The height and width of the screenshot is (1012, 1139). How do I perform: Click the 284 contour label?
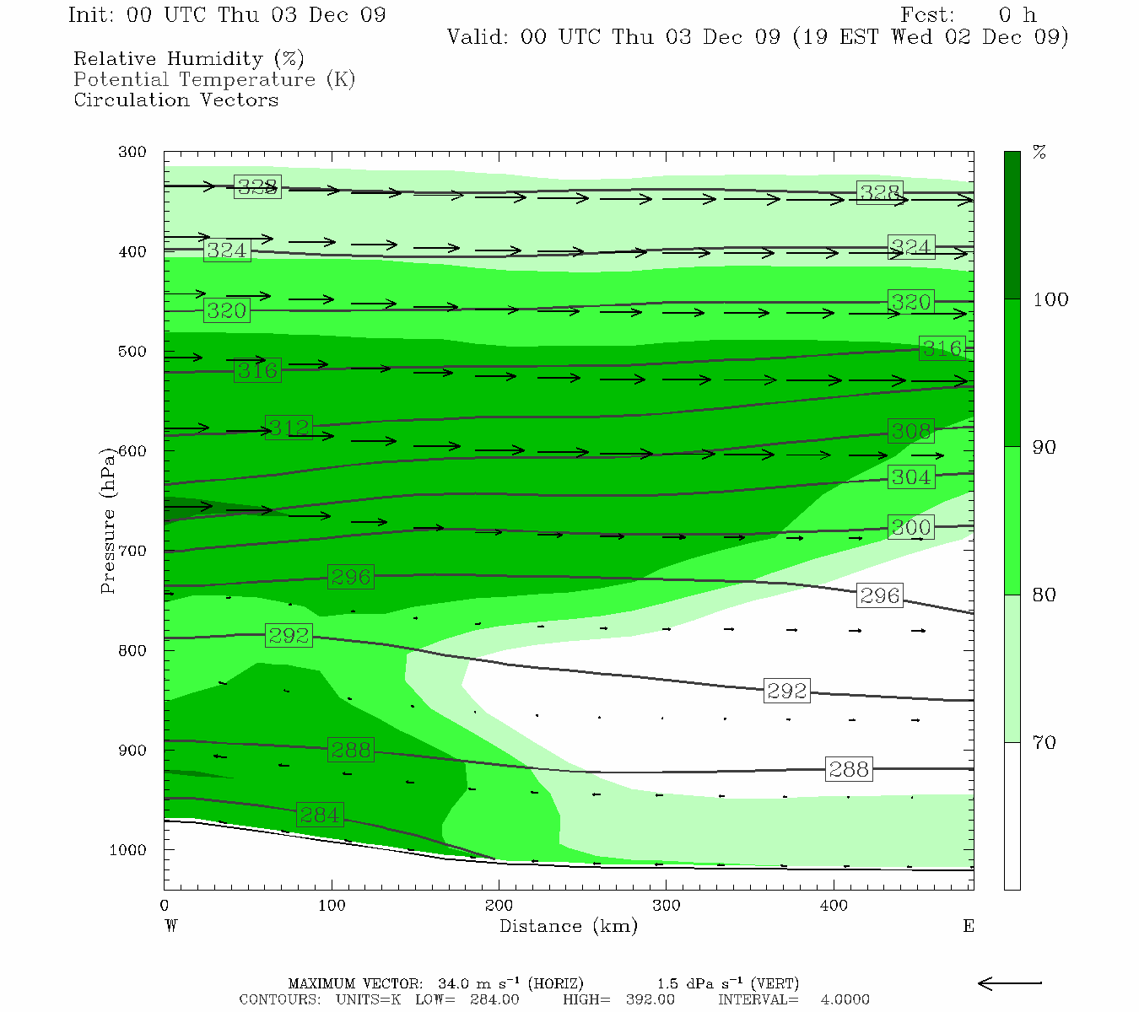(320, 816)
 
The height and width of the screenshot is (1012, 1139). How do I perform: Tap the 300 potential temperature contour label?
(911, 528)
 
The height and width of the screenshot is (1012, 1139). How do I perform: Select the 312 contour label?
(289, 428)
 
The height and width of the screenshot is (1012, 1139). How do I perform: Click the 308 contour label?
(911, 431)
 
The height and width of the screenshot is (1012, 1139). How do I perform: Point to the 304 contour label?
(911, 477)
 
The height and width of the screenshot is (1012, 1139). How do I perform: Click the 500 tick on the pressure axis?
(132, 352)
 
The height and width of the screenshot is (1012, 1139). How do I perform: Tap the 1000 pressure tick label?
(128, 850)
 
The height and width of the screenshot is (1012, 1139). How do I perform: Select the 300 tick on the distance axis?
(667, 906)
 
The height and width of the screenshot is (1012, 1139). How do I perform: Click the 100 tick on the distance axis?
(332, 906)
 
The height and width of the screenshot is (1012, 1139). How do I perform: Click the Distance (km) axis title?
(568, 926)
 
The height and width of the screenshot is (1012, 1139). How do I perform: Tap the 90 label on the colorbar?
(1045, 447)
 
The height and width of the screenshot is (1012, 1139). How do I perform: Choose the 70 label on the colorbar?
(1045, 742)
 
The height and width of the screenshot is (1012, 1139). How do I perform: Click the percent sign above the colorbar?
(1039, 153)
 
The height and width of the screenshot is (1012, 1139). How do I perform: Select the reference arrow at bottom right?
(1010, 982)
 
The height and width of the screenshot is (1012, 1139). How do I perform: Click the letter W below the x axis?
(171, 926)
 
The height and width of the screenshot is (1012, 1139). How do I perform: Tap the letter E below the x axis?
(969, 926)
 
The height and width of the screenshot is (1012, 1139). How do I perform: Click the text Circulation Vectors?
(175, 100)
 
